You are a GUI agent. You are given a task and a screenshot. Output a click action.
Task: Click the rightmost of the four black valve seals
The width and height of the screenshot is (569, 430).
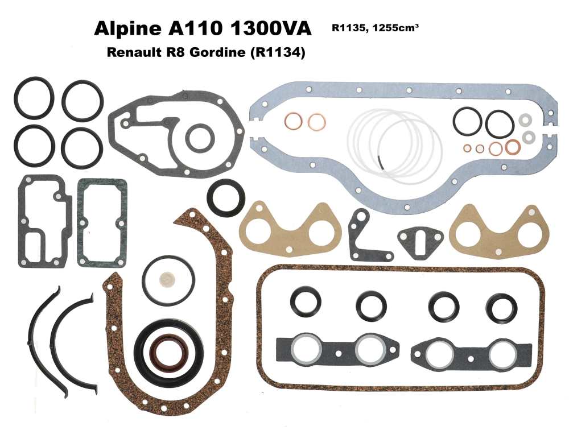501,306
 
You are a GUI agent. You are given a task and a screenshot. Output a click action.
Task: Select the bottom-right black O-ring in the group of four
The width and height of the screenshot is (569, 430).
82,147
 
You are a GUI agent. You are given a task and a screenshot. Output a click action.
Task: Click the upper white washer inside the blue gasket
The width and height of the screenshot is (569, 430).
526,120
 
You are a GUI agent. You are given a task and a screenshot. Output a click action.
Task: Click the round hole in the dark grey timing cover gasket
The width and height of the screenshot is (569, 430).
200,138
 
